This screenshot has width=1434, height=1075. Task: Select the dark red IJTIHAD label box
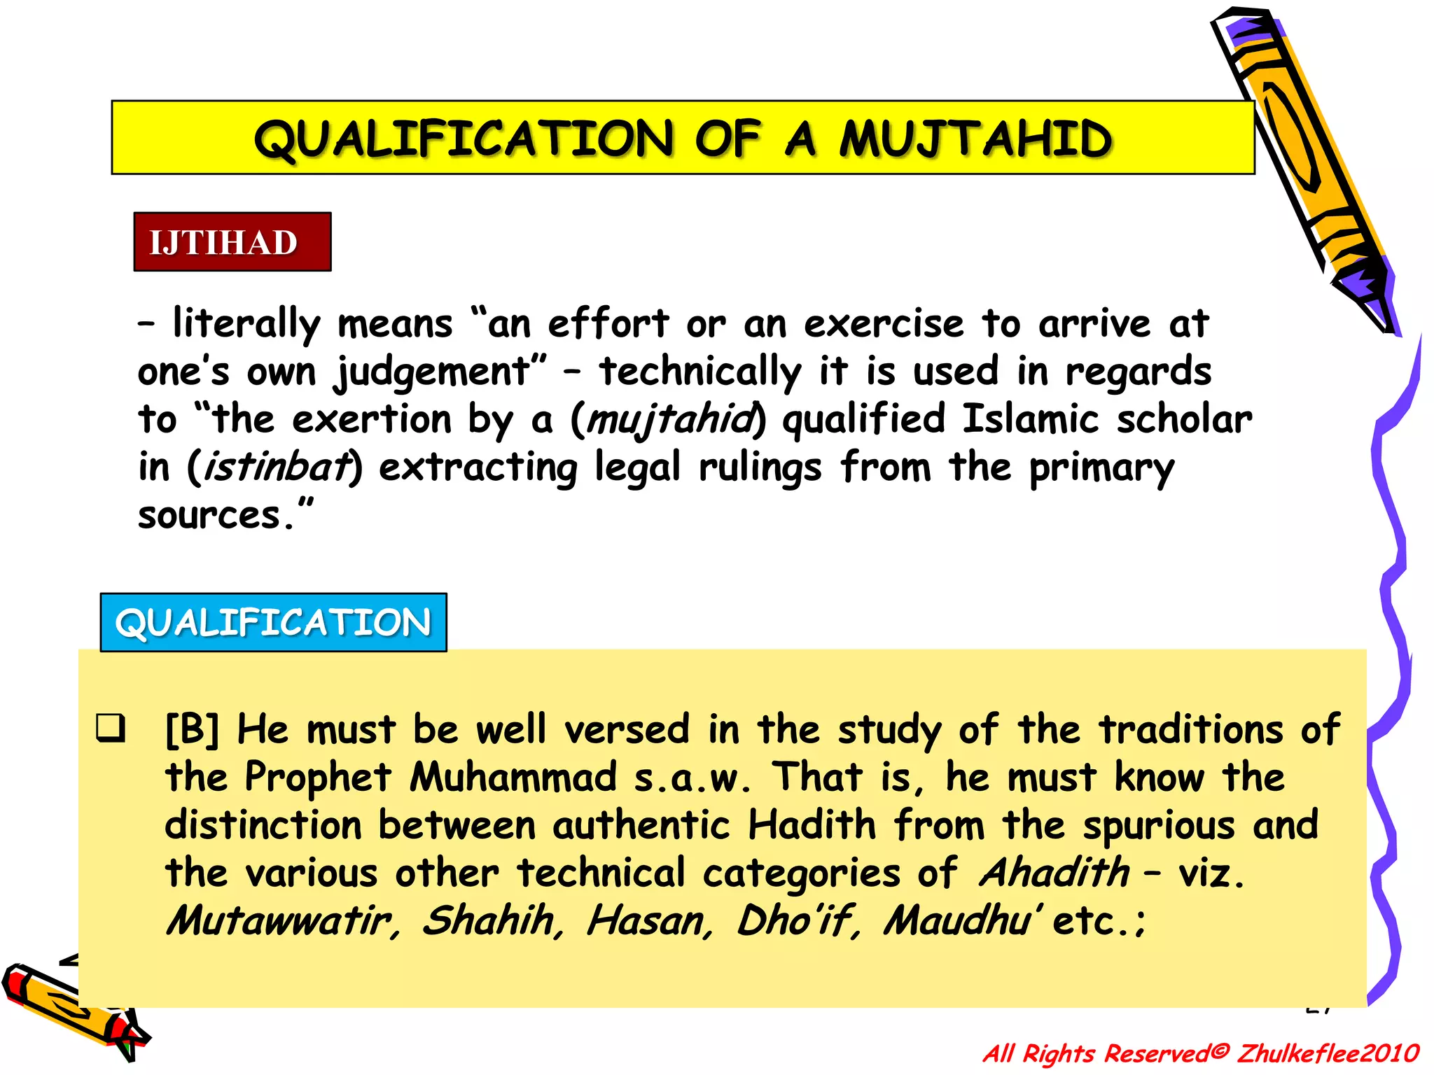click(232, 242)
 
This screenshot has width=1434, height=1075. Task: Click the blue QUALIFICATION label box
click(273, 622)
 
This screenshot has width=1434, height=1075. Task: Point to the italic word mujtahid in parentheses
click(670, 420)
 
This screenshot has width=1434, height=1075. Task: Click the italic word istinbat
click(275, 468)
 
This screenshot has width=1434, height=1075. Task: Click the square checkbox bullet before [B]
click(111, 728)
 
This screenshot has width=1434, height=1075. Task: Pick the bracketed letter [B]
click(192, 730)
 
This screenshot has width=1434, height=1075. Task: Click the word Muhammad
click(513, 778)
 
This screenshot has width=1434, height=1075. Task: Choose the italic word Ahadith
click(1054, 873)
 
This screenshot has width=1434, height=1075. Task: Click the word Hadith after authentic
click(812, 825)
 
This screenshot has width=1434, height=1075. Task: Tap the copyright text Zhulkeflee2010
click(1327, 1053)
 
